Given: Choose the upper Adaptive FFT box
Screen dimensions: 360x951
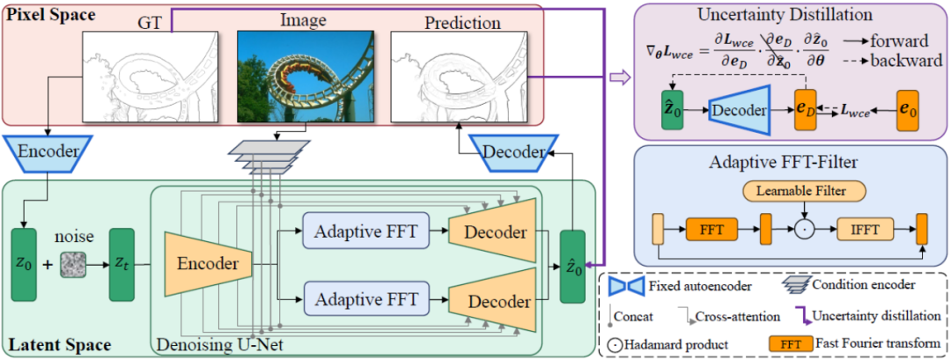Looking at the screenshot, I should click(x=365, y=231).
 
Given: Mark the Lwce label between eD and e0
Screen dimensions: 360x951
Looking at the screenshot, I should click(x=859, y=112).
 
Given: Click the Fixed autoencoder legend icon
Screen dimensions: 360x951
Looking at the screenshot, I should click(x=626, y=286).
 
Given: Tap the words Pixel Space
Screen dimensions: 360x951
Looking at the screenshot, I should click(x=46, y=15).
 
